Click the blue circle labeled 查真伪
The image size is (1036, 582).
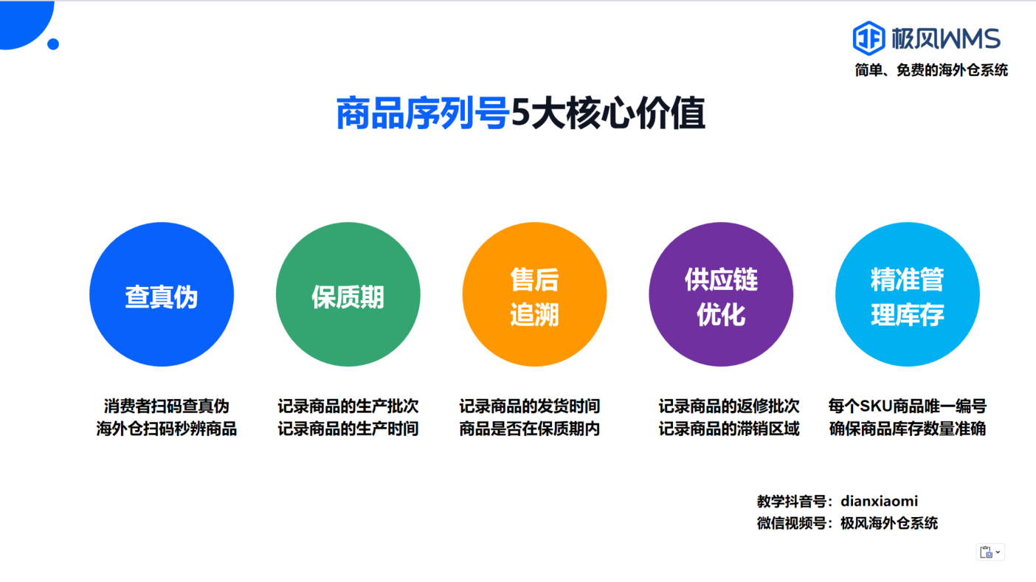click(x=162, y=294)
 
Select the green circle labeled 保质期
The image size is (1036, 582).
click(x=348, y=294)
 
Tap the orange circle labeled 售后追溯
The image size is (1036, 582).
click(x=535, y=294)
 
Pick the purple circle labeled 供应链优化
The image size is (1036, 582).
click(x=721, y=294)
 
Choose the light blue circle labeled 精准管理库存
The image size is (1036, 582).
click(x=908, y=294)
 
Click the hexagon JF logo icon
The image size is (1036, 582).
click(x=868, y=38)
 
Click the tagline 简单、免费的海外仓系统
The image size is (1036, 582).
click(x=931, y=70)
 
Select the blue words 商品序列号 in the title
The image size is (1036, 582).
click(x=423, y=114)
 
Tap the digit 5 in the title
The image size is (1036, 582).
click(x=520, y=114)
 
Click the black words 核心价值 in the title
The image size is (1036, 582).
click(x=636, y=114)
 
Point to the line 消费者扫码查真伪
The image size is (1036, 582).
click(x=167, y=406)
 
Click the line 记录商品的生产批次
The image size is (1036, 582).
click(x=348, y=406)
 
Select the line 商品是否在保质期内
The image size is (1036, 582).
click(x=530, y=429)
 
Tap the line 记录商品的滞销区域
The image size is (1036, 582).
click(x=729, y=429)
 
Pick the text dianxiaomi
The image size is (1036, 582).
click(x=880, y=501)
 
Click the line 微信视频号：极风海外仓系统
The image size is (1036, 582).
click(x=847, y=523)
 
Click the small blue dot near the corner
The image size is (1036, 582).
click(x=53, y=44)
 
